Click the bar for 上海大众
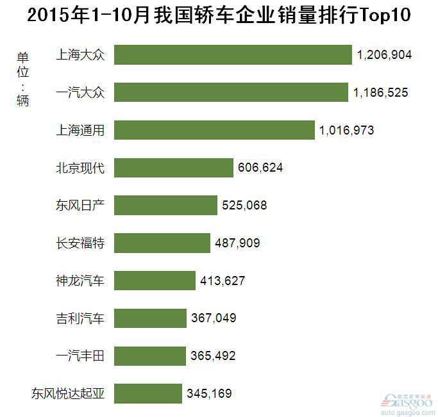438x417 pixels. [x=233, y=55]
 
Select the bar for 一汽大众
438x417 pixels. [x=232, y=93]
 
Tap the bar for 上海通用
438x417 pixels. [x=215, y=130]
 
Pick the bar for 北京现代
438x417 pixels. [x=174, y=168]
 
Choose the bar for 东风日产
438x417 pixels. [x=166, y=206]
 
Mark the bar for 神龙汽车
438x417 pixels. [x=155, y=281]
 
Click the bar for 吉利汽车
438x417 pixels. [x=151, y=318]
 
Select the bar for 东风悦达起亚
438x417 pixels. [x=148, y=393]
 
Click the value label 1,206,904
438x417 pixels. [x=384, y=56]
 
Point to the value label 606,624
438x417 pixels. [x=259, y=168]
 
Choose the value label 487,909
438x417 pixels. [x=237, y=243]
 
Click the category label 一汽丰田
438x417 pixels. [x=80, y=355]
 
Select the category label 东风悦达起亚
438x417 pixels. [x=68, y=393]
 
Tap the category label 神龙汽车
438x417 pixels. [x=80, y=280]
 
